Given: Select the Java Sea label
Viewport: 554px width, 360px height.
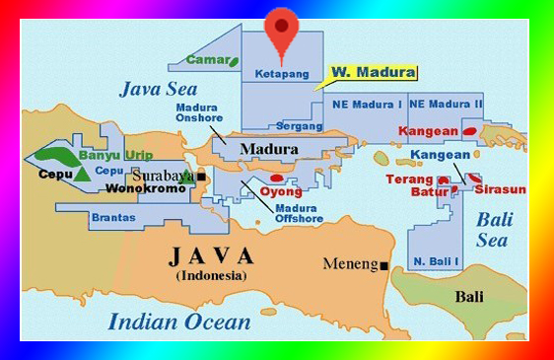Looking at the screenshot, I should [159, 89].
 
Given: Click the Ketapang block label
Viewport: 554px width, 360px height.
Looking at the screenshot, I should [282, 74].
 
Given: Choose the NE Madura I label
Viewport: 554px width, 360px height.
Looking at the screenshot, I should [368, 104].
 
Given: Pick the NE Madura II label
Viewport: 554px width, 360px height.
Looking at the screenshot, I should [446, 104].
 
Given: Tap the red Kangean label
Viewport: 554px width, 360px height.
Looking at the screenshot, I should [428, 130].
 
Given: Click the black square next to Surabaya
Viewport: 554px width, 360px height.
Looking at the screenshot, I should [201, 176].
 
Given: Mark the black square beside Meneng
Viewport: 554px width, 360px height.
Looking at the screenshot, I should [383, 264].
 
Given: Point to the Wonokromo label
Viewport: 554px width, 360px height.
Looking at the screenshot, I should [145, 187].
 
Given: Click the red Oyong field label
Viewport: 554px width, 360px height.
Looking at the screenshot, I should [280, 191].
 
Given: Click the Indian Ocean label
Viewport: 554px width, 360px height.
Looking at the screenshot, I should [178, 321].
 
